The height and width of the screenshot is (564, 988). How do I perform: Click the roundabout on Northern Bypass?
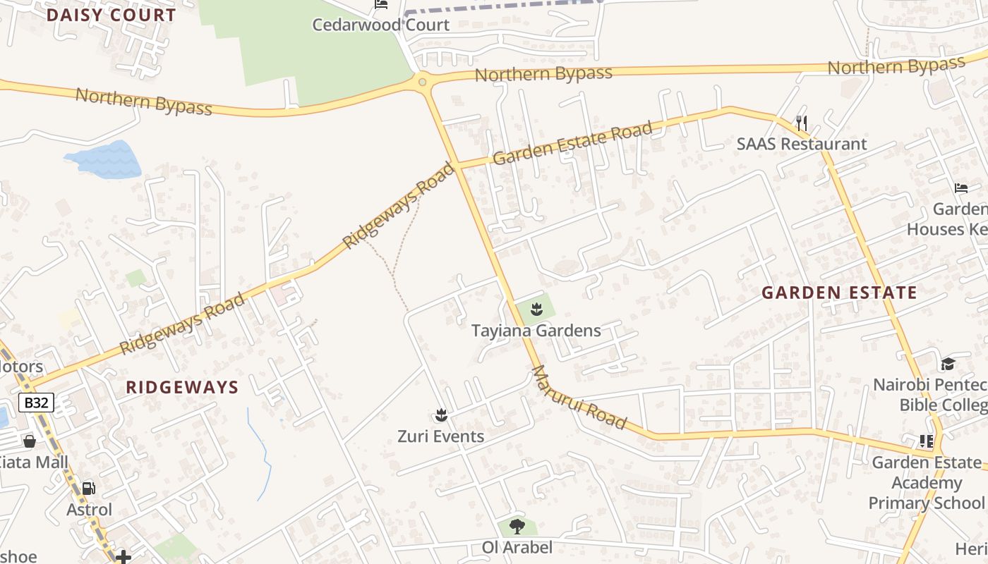coord(422,82)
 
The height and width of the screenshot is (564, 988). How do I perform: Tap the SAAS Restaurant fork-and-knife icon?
coord(801,123)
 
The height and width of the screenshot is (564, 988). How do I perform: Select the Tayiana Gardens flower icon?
coord(536,308)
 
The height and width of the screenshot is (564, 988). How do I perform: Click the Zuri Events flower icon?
coord(441,415)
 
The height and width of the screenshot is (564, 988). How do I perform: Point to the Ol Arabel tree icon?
coord(517,526)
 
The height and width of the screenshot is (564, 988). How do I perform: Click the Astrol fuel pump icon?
coord(89,488)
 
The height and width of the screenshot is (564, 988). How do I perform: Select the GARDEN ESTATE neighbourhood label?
coord(839,293)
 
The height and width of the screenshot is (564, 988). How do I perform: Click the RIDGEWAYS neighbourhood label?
coord(182,387)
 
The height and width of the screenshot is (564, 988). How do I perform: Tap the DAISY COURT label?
coord(111,16)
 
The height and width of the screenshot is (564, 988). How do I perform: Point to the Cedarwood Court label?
coord(380,25)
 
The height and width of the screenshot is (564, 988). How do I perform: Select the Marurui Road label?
coord(579,397)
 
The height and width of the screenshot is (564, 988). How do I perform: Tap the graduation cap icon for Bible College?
coord(947,364)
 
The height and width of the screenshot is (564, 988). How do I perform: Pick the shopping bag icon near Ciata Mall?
coord(30,441)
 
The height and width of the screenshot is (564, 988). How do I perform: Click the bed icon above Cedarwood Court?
coord(381,4)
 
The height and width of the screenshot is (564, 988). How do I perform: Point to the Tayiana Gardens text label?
coord(536,331)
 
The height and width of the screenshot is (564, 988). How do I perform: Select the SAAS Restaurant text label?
coord(801,144)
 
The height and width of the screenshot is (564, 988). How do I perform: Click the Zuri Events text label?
coord(440,436)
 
